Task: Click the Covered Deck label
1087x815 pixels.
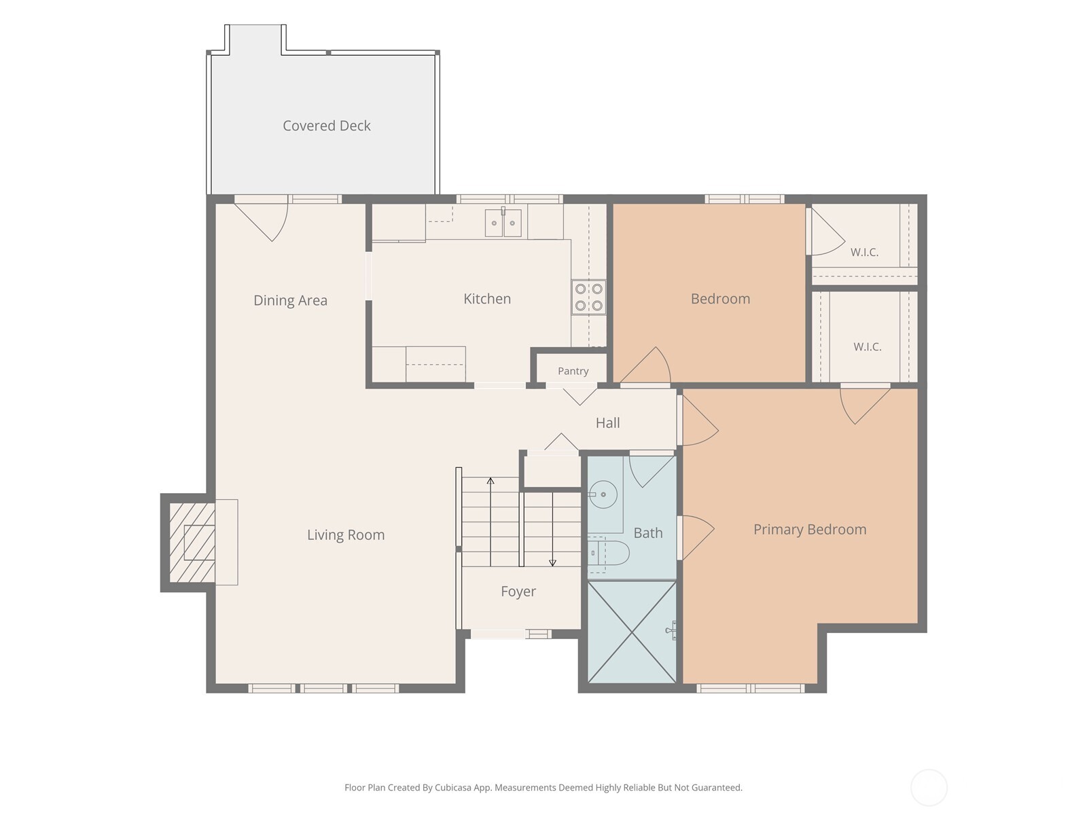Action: click(326, 126)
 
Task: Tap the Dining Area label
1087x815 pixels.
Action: click(290, 300)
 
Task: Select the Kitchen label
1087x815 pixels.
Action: click(487, 298)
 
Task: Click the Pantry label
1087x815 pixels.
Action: click(573, 371)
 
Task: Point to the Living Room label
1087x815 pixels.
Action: click(346, 535)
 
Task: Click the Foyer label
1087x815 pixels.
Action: click(518, 592)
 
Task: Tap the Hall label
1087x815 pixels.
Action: click(607, 422)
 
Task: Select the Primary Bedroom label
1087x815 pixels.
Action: click(810, 530)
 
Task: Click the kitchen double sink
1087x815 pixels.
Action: click(503, 223)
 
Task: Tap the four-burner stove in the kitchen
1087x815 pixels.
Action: click(588, 297)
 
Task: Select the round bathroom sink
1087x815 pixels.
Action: click(603, 494)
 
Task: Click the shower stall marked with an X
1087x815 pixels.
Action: click(632, 632)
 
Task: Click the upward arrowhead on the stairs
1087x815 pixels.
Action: click(491, 481)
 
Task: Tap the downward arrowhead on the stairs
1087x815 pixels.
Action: click(552, 562)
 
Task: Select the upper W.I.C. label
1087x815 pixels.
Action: click(864, 253)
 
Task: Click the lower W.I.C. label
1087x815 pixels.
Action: click(867, 346)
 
